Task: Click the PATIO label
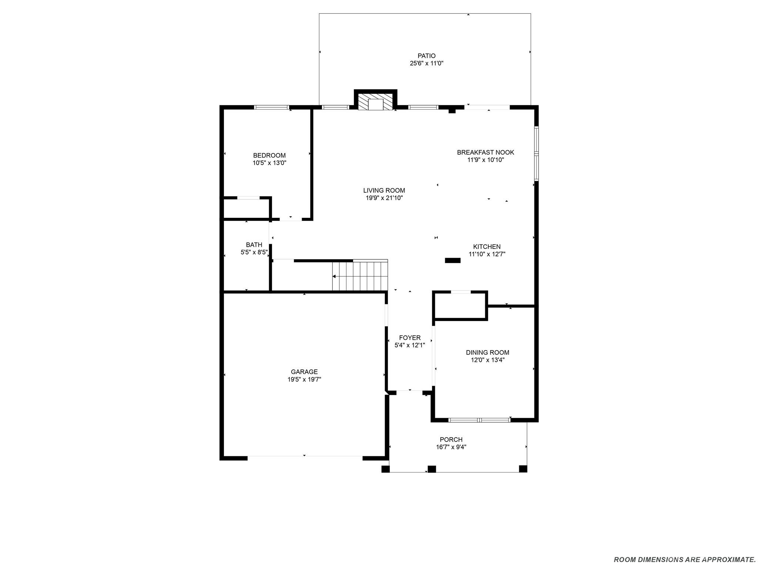(x=426, y=56)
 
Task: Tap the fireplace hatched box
(x=375, y=101)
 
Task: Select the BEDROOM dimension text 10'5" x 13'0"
(x=269, y=163)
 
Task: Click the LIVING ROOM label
(x=384, y=190)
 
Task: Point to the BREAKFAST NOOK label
(x=485, y=152)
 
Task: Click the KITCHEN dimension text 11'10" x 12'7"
(x=487, y=254)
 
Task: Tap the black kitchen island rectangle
(x=452, y=260)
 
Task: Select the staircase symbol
(x=359, y=276)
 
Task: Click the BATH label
(x=254, y=245)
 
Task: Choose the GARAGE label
(x=304, y=372)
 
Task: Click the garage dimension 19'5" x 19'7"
(x=304, y=379)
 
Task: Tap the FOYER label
(x=410, y=338)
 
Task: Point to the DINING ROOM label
(x=487, y=352)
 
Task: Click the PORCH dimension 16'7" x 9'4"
(x=451, y=447)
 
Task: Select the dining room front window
(x=479, y=420)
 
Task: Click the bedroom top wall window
(x=271, y=107)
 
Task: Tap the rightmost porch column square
(x=523, y=469)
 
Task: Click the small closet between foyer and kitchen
(x=460, y=305)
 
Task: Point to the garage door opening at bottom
(x=305, y=458)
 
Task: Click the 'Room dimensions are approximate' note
(x=684, y=559)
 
